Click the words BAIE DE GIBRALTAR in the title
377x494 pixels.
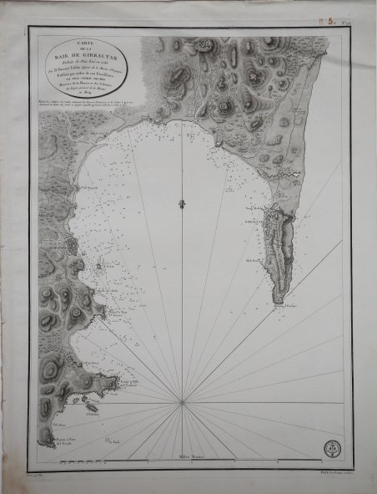click(91, 57)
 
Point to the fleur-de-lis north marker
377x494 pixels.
click(182, 204)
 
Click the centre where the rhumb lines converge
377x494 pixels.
click(182, 402)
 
